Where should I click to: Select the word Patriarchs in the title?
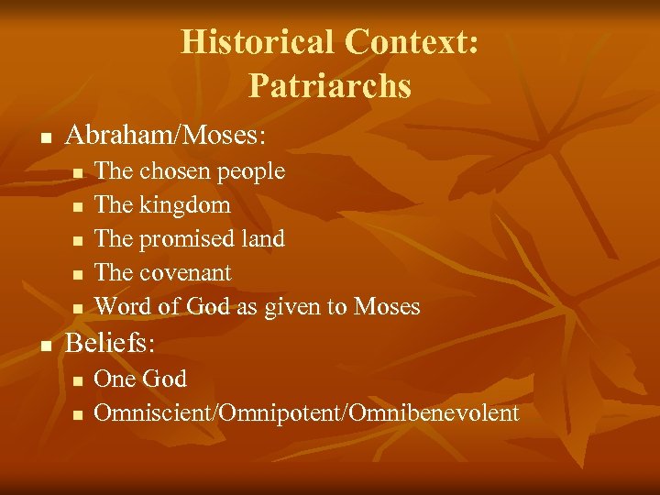(x=329, y=86)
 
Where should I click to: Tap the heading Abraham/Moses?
(x=166, y=137)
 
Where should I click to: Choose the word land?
(x=262, y=238)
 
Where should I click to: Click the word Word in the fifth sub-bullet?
(x=117, y=307)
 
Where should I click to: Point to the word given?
(x=291, y=308)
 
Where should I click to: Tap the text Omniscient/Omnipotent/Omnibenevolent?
(x=306, y=413)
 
